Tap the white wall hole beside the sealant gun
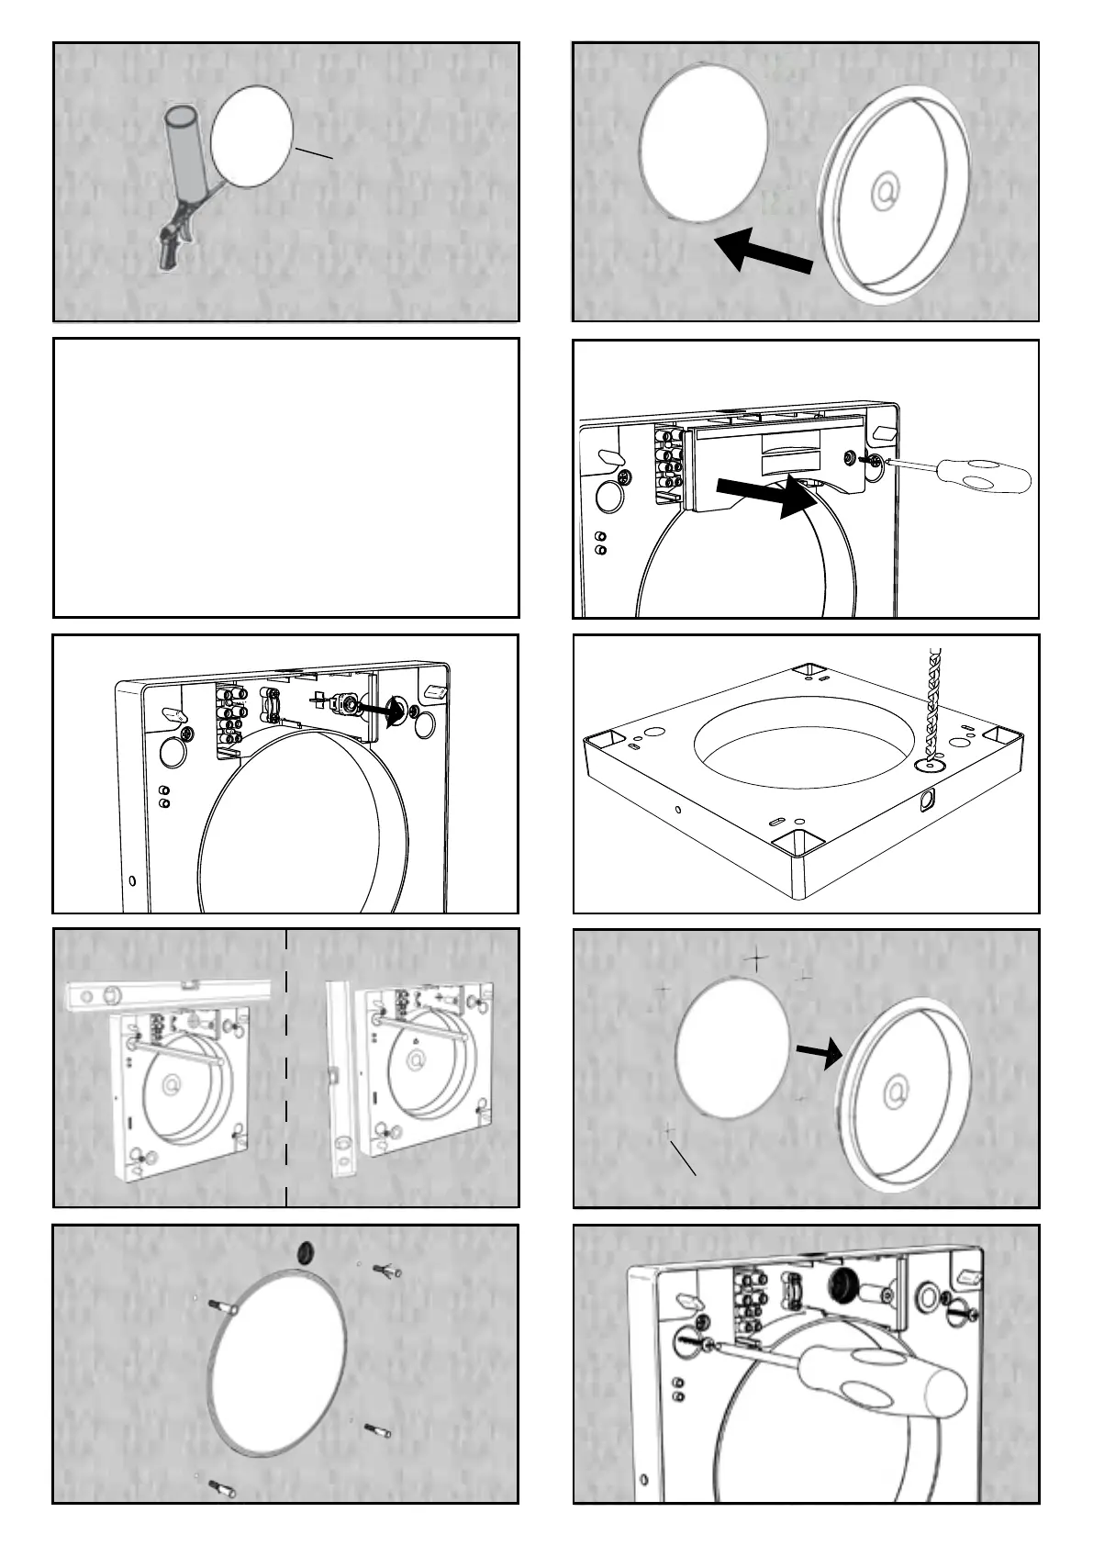[252, 137]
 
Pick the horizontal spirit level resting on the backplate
[170, 994]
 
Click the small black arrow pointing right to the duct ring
[819, 1054]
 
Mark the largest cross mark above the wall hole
[755, 959]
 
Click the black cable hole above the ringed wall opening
[307, 1250]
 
